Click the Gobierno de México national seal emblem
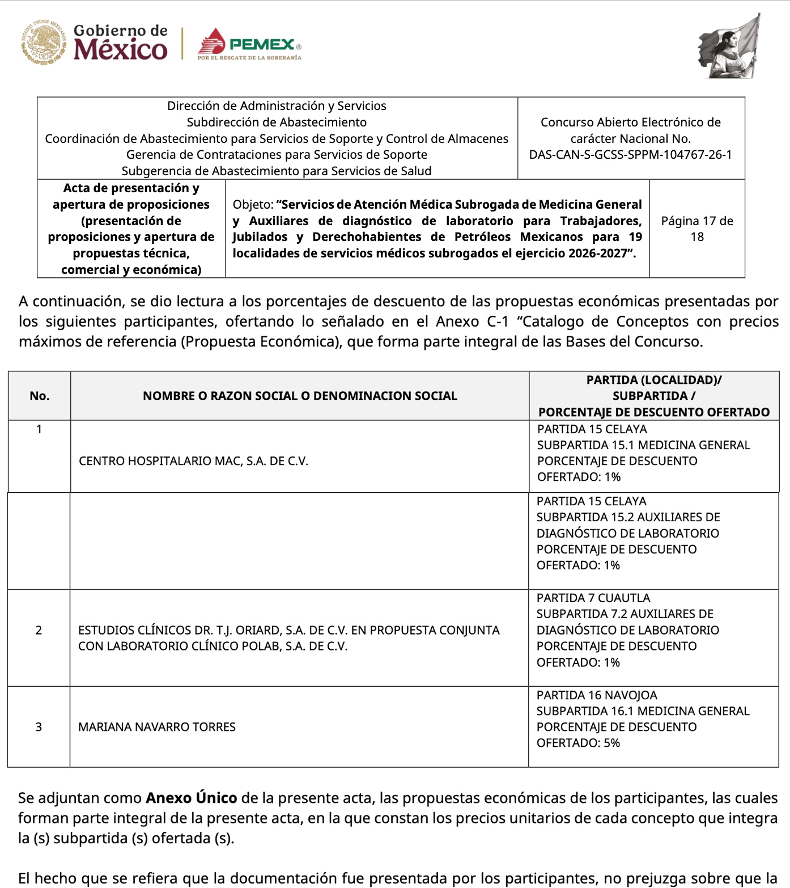pos(44,43)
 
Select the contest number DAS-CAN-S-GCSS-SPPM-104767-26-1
pos(630,155)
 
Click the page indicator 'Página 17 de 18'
pos(696,229)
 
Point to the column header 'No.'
pos(39,396)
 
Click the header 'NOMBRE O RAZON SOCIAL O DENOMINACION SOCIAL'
pos(300,396)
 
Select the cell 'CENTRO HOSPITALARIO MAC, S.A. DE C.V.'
pos(193,461)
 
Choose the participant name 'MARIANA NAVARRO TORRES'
pos(156,727)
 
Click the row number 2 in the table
pos(39,630)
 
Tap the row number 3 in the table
pos(39,727)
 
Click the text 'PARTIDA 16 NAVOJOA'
pos(597,695)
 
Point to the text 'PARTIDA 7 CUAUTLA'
pos(593,598)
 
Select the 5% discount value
pos(611,743)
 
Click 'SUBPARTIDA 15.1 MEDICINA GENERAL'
pos(643,445)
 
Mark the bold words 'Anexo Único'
pos(191,798)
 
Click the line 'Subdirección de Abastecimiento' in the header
pos(277,122)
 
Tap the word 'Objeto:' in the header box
pos(253,205)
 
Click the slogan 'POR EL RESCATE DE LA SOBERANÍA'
pos(249,58)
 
